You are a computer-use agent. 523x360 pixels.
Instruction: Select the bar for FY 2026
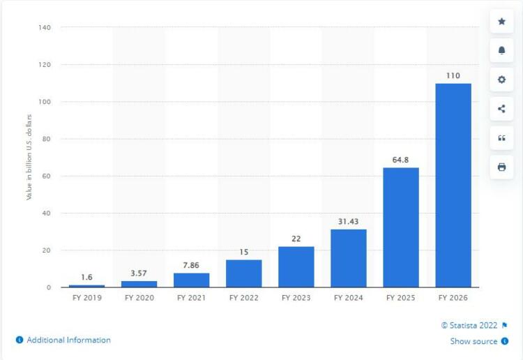[x=453, y=185]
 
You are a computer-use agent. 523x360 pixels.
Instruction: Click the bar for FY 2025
[x=401, y=227]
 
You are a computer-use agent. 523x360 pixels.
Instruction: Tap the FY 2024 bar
[x=348, y=258]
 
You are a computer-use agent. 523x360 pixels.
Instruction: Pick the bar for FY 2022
[x=243, y=273]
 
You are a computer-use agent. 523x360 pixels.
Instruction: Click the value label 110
[x=453, y=75]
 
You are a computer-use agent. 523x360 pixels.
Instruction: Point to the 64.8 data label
[x=401, y=160]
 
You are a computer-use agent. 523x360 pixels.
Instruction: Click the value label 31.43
[x=348, y=221]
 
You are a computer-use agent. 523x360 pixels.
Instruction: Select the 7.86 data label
[x=191, y=265]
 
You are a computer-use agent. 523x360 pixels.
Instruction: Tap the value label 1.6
[x=86, y=277]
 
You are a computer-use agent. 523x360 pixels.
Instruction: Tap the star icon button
[x=501, y=22]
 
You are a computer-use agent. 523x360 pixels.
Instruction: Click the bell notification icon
[x=501, y=50]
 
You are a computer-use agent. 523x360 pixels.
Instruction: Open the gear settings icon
[x=501, y=80]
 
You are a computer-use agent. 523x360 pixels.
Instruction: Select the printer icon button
[x=501, y=167]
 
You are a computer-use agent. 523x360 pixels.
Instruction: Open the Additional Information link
[x=68, y=340]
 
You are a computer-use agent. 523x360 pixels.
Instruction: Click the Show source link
[x=473, y=341]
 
